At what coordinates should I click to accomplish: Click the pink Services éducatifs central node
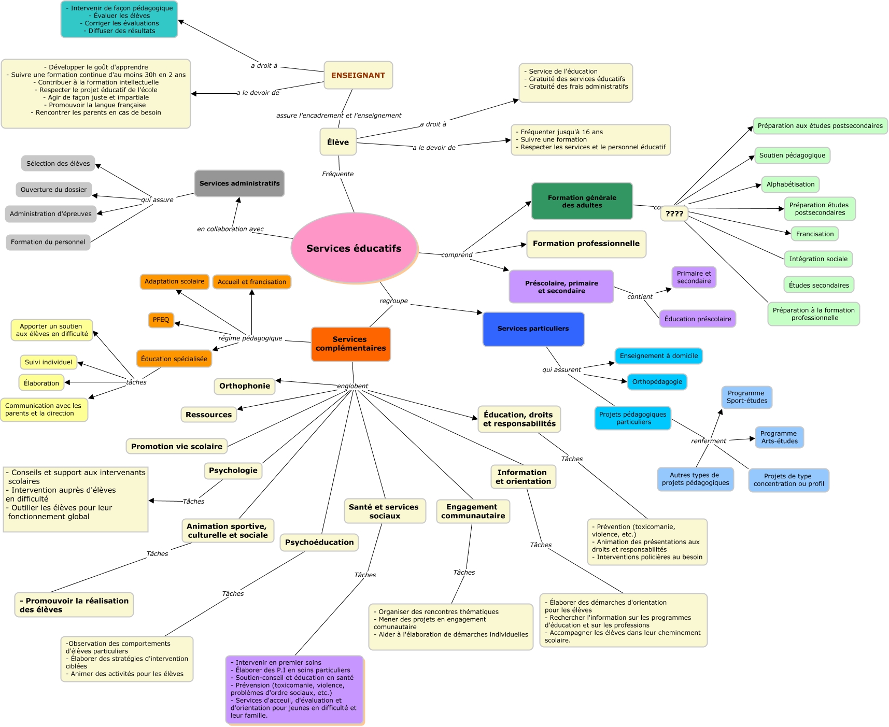click(x=354, y=248)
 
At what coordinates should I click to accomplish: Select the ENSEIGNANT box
click(x=358, y=75)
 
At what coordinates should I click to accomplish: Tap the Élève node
click(x=338, y=142)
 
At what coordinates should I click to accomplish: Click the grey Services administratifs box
click(x=239, y=183)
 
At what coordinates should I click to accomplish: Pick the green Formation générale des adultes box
click(x=582, y=201)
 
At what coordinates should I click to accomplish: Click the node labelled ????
click(x=674, y=213)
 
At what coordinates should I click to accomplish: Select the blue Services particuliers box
click(x=533, y=329)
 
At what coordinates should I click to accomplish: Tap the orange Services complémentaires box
click(x=350, y=344)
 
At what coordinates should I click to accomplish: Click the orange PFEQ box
click(x=161, y=320)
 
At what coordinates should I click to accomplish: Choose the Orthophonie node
click(x=245, y=386)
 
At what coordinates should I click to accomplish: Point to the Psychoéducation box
click(x=319, y=543)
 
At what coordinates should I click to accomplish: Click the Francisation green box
click(x=814, y=234)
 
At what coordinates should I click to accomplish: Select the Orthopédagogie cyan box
click(x=657, y=382)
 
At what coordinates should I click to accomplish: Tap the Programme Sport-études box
click(x=746, y=397)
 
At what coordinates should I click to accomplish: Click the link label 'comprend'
click(x=457, y=255)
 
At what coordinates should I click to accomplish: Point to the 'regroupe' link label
click(x=393, y=301)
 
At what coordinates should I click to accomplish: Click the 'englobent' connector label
click(x=352, y=386)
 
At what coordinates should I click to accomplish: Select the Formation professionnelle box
click(x=586, y=244)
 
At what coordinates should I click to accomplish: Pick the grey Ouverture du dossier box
click(x=54, y=190)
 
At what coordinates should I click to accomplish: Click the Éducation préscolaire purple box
click(x=697, y=319)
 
